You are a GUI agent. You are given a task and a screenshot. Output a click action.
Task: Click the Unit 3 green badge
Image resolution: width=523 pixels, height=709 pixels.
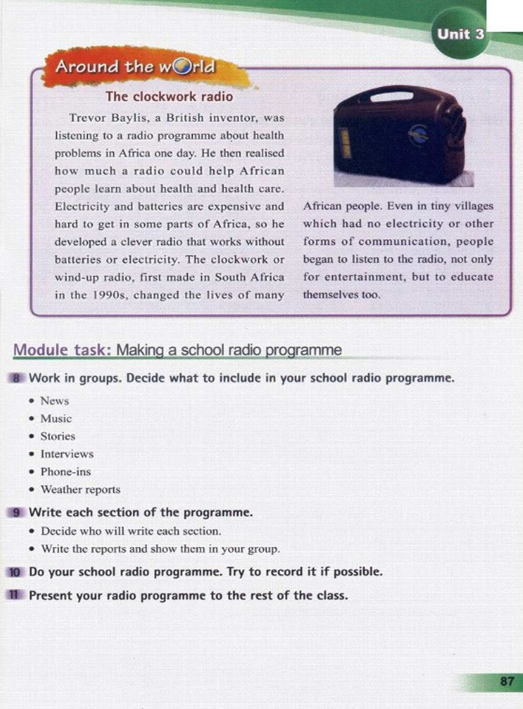pyautogui.click(x=460, y=35)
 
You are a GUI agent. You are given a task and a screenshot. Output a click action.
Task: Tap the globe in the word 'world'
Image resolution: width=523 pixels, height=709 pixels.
pyautogui.click(x=182, y=67)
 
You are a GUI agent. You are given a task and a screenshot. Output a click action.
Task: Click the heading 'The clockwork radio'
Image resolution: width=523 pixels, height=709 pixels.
pyautogui.click(x=169, y=96)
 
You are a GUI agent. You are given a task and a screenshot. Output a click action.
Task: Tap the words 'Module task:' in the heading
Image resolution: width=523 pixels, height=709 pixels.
pyautogui.click(x=62, y=350)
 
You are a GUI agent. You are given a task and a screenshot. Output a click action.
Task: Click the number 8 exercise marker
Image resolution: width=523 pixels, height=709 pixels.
pyautogui.click(x=16, y=378)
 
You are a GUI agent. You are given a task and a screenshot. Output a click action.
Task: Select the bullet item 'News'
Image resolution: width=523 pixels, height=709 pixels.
pyautogui.click(x=55, y=401)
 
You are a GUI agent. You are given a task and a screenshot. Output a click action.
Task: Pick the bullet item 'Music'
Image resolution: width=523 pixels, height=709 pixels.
pyautogui.click(x=56, y=419)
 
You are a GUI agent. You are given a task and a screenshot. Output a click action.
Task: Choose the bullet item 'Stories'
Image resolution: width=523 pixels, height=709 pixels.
pyautogui.click(x=58, y=437)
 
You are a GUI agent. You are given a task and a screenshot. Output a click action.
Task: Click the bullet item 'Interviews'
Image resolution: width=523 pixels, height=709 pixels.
pyautogui.click(x=67, y=454)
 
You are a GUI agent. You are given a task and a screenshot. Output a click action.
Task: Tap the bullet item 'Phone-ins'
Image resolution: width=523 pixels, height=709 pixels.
pyautogui.click(x=65, y=472)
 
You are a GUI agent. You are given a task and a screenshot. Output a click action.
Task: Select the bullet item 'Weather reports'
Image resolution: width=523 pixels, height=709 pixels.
pyautogui.click(x=81, y=490)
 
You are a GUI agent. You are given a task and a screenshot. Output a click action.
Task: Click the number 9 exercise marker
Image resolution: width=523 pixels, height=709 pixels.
pyautogui.click(x=16, y=513)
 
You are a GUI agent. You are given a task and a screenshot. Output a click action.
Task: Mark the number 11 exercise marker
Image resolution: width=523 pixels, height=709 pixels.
pyautogui.click(x=14, y=595)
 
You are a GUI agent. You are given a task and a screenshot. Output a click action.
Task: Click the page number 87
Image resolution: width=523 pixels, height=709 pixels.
pyautogui.click(x=507, y=681)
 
